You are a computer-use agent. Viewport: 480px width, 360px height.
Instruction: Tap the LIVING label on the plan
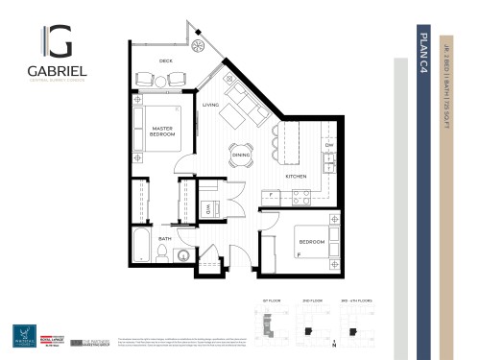click(210, 105)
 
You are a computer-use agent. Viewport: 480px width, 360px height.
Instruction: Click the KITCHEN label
click(295, 177)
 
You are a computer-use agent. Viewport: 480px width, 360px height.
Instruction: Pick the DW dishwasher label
click(326, 147)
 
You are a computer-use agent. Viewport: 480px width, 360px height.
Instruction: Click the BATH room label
click(164, 238)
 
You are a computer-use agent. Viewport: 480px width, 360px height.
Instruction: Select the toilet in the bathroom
click(164, 252)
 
